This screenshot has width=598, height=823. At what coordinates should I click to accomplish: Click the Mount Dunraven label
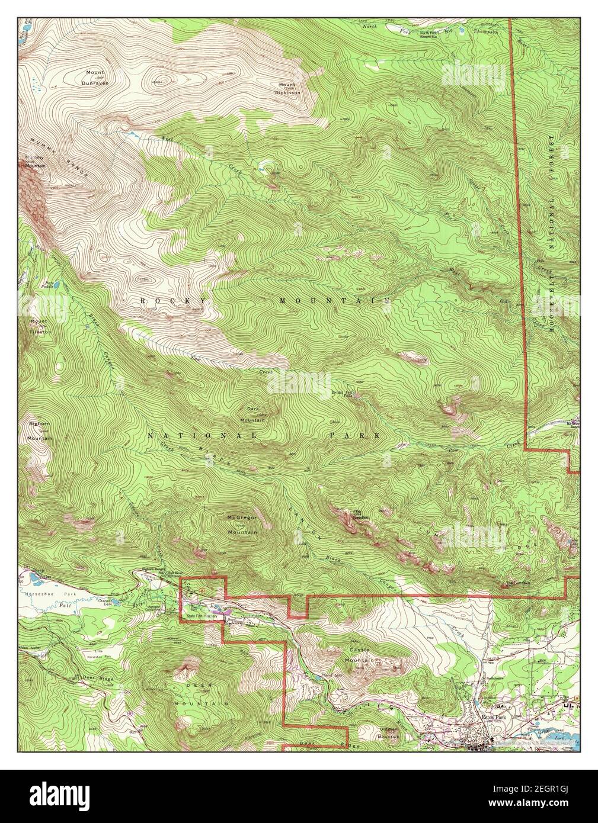point(95,79)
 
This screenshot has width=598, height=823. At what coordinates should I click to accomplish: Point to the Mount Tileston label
point(41,327)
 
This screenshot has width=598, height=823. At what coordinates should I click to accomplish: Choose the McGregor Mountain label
point(242,525)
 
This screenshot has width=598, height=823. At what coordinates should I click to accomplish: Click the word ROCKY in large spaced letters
point(174,301)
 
